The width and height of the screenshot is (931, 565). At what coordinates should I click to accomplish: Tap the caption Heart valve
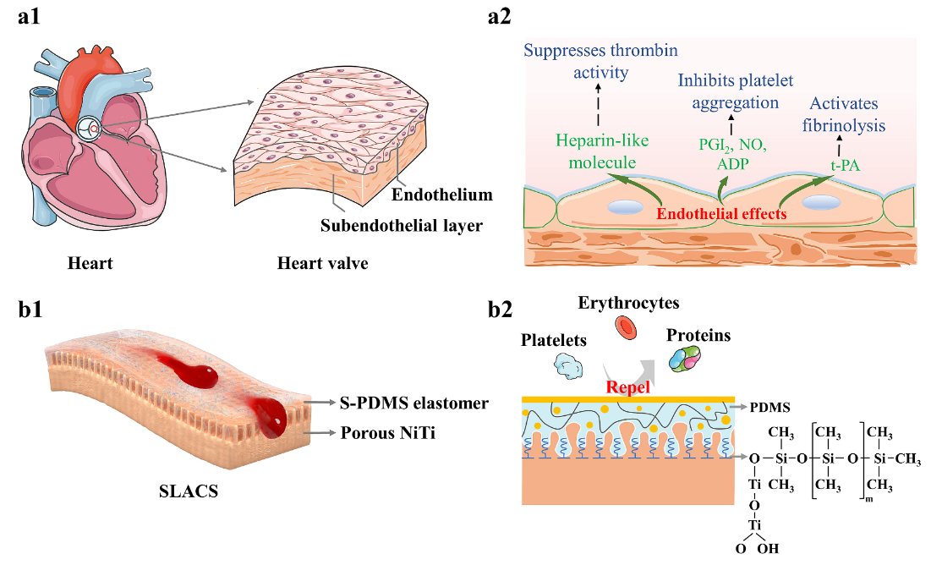coord(322,263)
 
